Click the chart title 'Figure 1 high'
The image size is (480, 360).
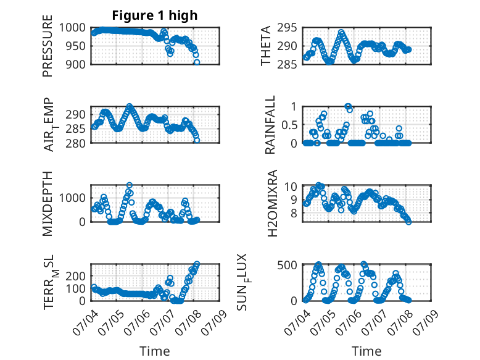155,15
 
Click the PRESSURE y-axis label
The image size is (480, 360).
48,46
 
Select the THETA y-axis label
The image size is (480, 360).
266,46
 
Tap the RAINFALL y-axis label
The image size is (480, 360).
270,125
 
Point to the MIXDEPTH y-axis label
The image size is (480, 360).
48,204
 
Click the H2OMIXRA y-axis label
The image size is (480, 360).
272,203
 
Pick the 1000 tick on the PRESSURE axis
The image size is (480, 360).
72,28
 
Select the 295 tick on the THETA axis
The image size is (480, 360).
287,28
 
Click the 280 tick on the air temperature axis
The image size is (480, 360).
75,143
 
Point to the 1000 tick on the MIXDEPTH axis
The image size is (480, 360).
72,198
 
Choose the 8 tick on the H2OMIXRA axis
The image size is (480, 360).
294,213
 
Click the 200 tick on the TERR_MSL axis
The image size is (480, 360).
75,276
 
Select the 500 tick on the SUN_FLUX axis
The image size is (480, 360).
287,265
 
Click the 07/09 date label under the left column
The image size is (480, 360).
214,322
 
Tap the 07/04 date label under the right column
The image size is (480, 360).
297,322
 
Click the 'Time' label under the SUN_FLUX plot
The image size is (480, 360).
366,351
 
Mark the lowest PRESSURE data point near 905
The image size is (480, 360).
197,62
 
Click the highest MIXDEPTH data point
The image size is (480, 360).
130,185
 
